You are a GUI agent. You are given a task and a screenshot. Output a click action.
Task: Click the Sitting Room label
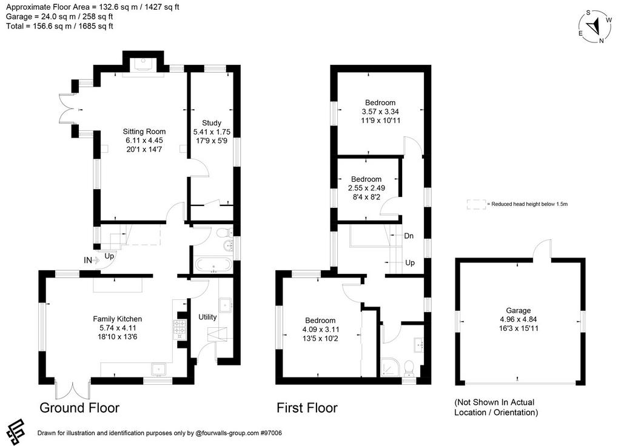pyautogui.click(x=144, y=131)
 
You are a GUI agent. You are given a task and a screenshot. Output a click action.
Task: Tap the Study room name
pyautogui.click(x=212, y=122)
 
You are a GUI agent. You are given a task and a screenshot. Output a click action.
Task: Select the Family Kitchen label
pyautogui.click(x=117, y=319)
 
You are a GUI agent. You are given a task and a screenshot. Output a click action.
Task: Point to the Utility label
pyautogui.click(x=207, y=316)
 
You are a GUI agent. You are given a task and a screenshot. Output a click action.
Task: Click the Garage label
pyautogui.click(x=519, y=310)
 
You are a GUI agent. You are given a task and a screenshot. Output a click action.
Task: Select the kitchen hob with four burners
pyautogui.click(x=180, y=329)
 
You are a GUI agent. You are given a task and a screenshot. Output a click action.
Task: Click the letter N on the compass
pyautogui.click(x=601, y=41)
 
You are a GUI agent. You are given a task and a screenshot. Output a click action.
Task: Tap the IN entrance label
pyautogui.click(x=87, y=261)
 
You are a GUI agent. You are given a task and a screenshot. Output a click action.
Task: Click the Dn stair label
pyautogui.click(x=409, y=236)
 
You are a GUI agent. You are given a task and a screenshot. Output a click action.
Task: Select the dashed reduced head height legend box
pyautogui.click(x=476, y=204)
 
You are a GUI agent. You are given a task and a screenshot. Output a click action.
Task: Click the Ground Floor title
pyautogui.click(x=79, y=408)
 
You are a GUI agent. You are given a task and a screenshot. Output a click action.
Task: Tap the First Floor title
pyautogui.click(x=307, y=408)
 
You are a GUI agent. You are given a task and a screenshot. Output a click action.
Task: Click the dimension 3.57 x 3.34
pyautogui.click(x=380, y=111)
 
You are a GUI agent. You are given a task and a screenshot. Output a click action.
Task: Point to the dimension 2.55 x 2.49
pyautogui.click(x=366, y=188)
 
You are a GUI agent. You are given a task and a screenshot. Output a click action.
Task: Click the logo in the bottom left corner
pyautogui.click(x=16, y=431)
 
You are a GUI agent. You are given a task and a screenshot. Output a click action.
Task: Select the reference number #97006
pyautogui.click(x=271, y=433)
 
